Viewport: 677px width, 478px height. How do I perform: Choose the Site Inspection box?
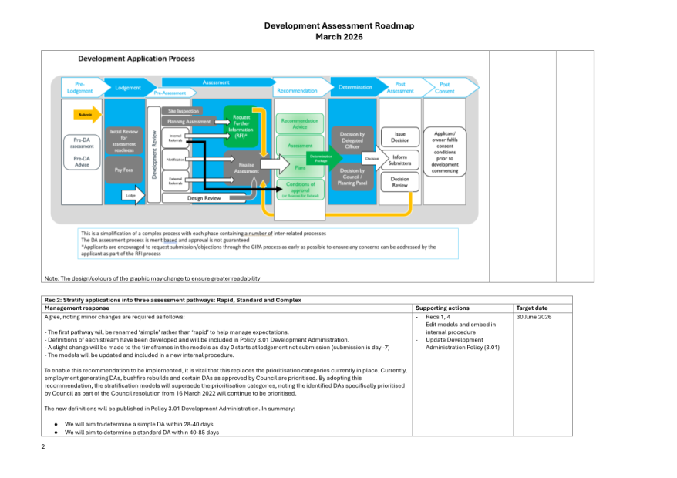(183, 112)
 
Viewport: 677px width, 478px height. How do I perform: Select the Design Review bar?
(204, 197)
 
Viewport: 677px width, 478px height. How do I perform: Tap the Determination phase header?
(355, 88)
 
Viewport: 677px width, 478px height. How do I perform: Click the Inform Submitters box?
(400, 159)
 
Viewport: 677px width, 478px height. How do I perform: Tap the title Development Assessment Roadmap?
(338, 25)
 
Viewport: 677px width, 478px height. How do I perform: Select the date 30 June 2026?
(534, 316)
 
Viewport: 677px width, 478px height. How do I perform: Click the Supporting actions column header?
(441, 308)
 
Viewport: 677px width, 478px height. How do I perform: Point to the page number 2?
(43, 446)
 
